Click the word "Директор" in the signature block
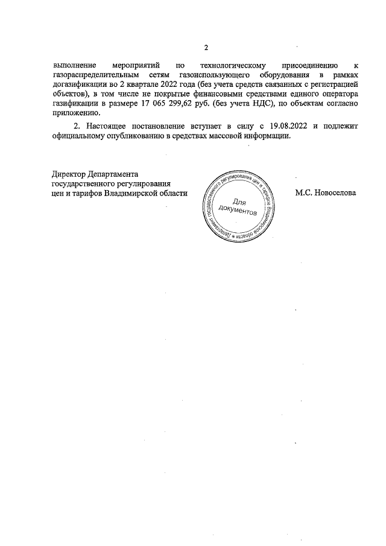coord(69,174)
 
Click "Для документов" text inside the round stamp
coord(238,208)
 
